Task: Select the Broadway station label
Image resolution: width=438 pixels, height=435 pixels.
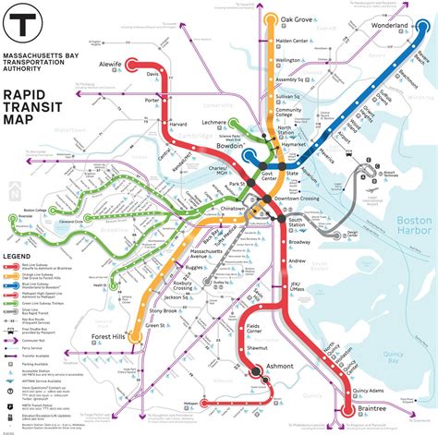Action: click(x=299, y=242)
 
